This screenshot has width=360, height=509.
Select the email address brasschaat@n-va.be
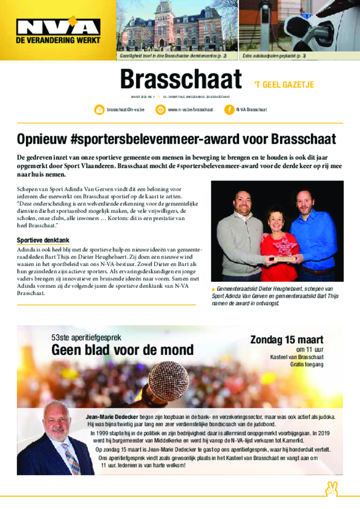pyautogui.click(x=125, y=109)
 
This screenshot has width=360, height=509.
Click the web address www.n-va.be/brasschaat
pyautogui.click(x=190, y=109)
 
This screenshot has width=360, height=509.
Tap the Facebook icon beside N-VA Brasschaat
pyautogui.click(x=229, y=109)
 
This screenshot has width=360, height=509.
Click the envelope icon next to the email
pyautogui.click(x=99, y=109)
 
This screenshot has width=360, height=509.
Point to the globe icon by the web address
pyautogui.click(x=161, y=109)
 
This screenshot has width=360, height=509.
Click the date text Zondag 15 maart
pyautogui.click(x=286, y=340)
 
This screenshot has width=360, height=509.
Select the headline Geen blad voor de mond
pyautogui.click(x=122, y=350)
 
